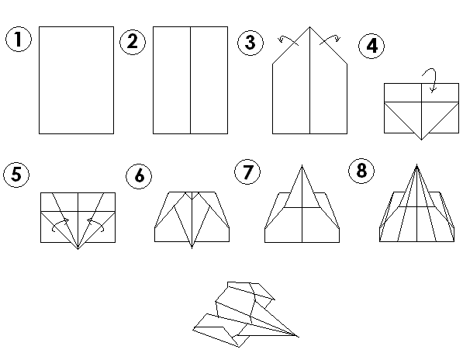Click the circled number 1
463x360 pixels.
coord(19,40)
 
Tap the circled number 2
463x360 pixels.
coord(133,42)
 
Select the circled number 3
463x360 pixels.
coord(251,43)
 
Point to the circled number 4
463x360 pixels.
coord(371,46)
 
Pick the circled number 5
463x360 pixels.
coord(16,175)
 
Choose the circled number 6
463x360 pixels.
coord(139,176)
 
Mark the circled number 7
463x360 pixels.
coord(247,172)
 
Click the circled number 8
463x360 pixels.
coord(361,171)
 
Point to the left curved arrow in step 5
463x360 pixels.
coord(60,223)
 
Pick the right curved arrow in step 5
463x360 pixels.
coord(96,223)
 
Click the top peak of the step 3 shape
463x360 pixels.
coord(309,27)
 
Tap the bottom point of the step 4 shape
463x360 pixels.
coord(421,140)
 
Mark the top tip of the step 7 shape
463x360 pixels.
coord(302,165)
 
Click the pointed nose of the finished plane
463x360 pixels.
coord(299,337)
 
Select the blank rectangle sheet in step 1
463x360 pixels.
coord(76,81)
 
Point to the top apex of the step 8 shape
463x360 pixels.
coord(416,165)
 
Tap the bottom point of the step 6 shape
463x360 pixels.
coord(192,248)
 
